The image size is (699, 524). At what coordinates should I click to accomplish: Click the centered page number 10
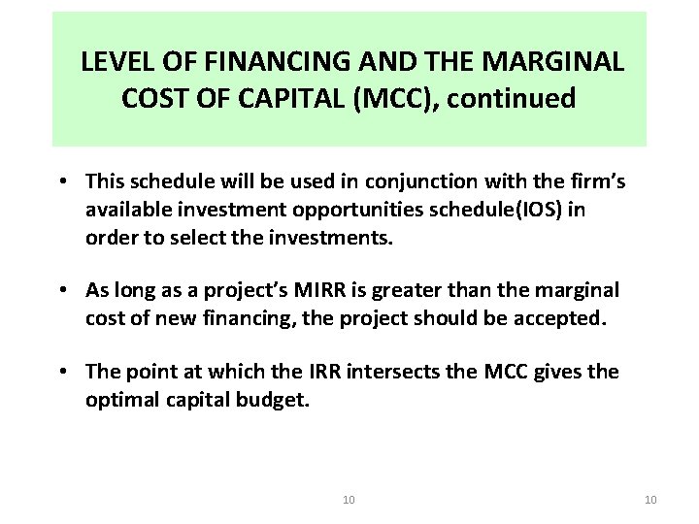pyautogui.click(x=349, y=500)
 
